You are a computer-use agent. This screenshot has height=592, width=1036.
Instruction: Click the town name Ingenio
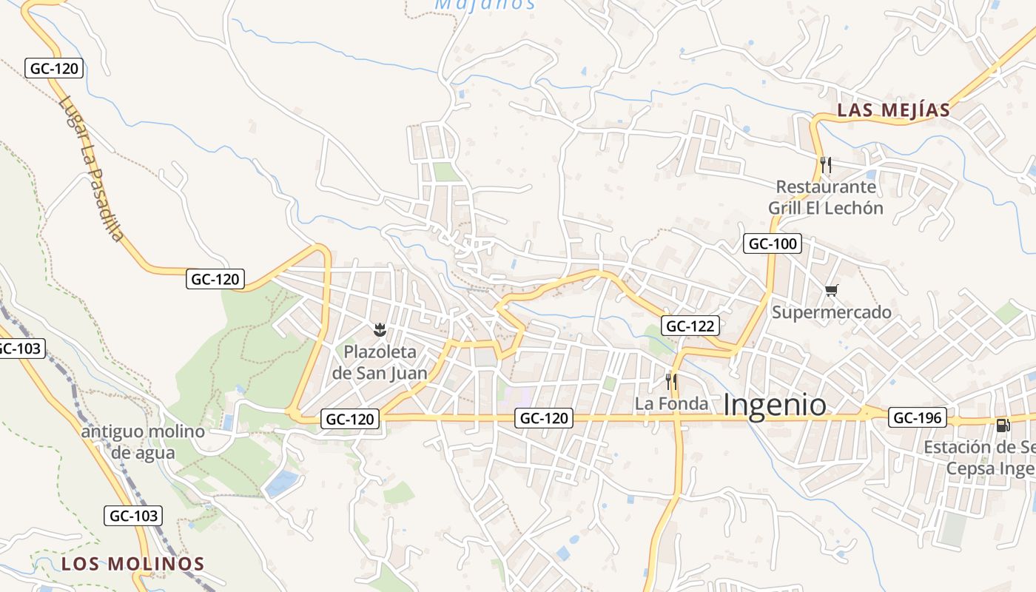[774, 406]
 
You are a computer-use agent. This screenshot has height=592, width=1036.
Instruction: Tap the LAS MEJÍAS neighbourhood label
[893, 111]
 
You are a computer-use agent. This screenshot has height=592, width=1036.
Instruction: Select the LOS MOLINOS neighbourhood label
[132, 563]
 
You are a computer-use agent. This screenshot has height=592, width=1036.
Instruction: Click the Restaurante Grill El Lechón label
[826, 197]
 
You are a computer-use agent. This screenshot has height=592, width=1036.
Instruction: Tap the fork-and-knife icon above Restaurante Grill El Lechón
[826, 164]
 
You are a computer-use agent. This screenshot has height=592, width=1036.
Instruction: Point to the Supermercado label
[831, 312]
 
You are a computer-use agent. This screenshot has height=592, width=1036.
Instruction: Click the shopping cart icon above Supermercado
[831, 290]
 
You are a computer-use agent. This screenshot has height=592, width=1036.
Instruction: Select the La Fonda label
[671, 404]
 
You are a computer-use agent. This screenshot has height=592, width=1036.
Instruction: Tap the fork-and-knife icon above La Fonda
[671, 382]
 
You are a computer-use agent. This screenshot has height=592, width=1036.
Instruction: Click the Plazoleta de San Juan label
[380, 362]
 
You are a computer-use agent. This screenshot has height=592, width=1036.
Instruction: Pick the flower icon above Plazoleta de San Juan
[380, 328]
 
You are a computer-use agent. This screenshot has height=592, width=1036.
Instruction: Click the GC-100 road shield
[773, 243]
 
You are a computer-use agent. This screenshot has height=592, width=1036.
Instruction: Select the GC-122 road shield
[691, 326]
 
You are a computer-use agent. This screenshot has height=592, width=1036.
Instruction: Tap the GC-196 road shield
[918, 418]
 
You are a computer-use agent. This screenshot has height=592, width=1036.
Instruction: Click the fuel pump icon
[1003, 425]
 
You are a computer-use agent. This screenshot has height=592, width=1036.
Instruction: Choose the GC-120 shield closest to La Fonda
[545, 418]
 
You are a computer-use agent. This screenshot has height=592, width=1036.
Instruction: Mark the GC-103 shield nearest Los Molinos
[133, 515]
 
